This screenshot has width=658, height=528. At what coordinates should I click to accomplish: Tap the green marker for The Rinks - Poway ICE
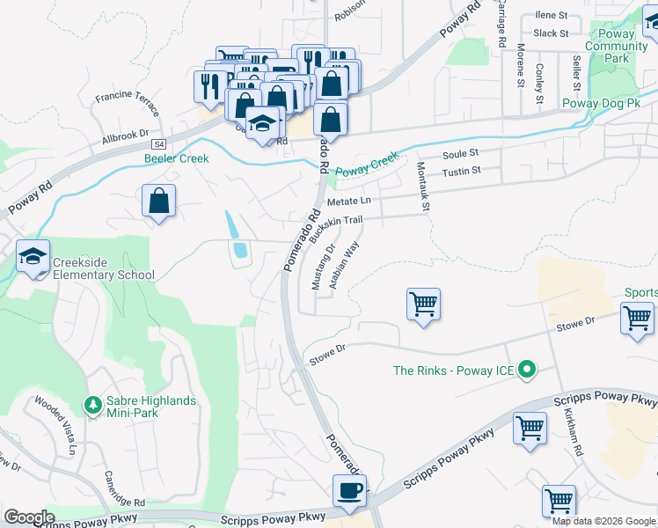pyautogui.click(x=527, y=370)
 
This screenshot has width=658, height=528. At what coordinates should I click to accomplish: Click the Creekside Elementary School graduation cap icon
pyautogui.click(x=33, y=256)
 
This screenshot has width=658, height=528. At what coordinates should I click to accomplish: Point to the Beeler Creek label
pyautogui.click(x=177, y=158)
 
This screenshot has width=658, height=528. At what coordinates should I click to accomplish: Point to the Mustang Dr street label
pyautogui.click(x=323, y=268)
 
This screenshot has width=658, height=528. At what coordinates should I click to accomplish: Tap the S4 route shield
pyautogui.click(x=158, y=143)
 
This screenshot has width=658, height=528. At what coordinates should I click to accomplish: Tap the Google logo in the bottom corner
pyautogui.click(x=28, y=517)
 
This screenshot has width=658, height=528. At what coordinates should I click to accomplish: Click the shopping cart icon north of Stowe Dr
pyautogui.click(x=423, y=304)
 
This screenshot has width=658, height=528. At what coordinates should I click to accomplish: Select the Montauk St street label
pyautogui.click(x=421, y=189)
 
